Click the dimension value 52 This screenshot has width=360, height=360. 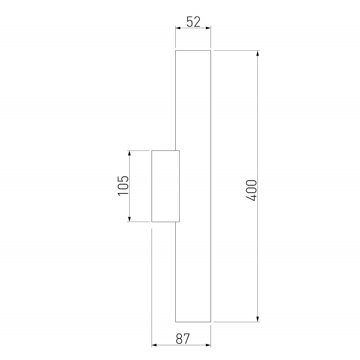(x=193, y=22)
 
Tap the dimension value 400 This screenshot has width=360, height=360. (x=251, y=190)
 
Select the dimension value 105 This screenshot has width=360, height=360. (x=123, y=186)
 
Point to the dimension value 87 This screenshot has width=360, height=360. (x=183, y=339)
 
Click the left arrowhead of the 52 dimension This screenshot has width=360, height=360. (x=178, y=28)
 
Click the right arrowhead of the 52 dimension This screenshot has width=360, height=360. (x=208, y=28)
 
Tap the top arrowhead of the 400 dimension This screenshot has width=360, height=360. (x=258, y=53)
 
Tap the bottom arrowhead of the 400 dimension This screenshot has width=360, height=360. (x=258, y=319)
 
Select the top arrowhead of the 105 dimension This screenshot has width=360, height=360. (x=129, y=153)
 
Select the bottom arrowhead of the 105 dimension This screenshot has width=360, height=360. (x=129, y=219)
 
